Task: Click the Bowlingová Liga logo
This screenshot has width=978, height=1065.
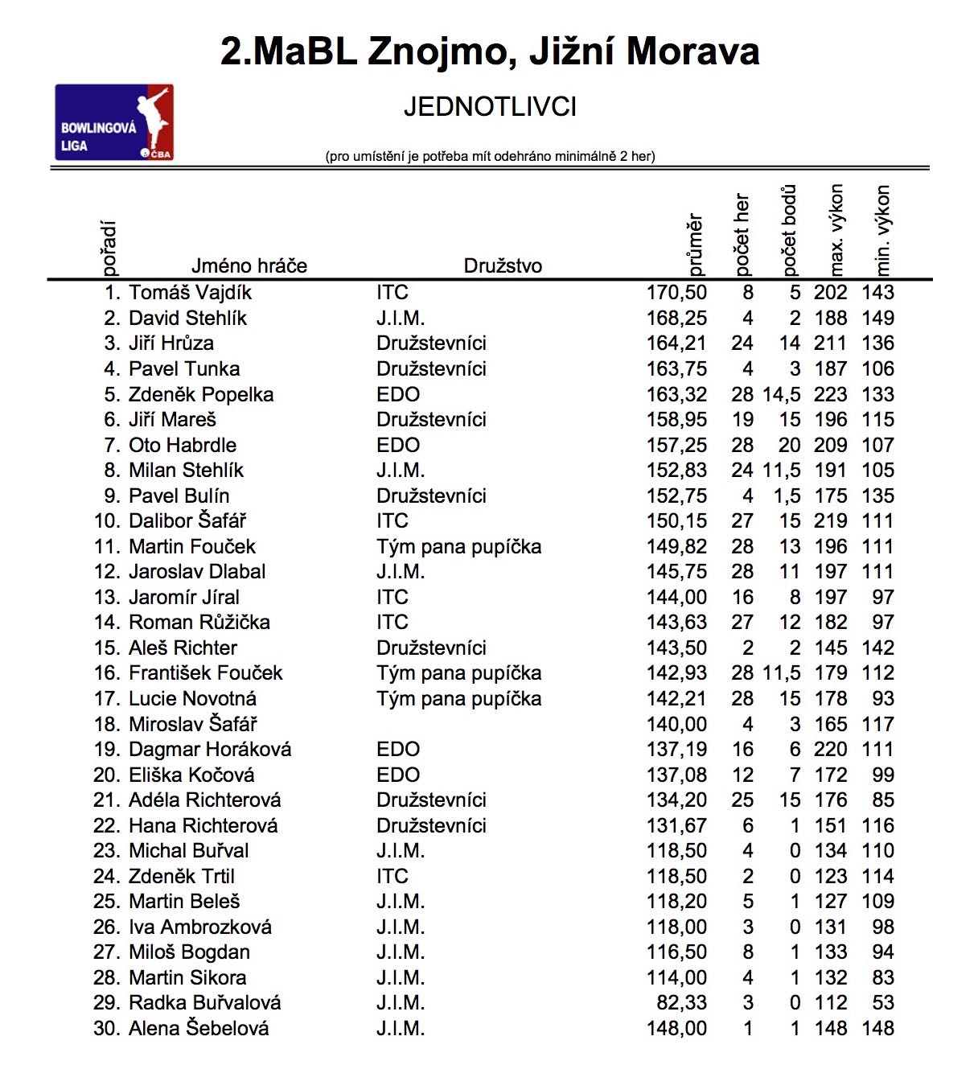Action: pyautogui.click(x=114, y=122)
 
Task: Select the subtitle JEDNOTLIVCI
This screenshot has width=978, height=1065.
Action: pyautogui.click(x=490, y=107)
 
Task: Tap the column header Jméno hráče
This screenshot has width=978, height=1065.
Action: pyautogui.click(x=249, y=266)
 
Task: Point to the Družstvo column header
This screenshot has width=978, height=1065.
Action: pyautogui.click(x=503, y=266)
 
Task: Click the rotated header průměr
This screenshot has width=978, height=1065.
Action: pyautogui.click(x=696, y=244)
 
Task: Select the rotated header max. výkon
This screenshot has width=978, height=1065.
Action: pyautogui.click(x=836, y=229)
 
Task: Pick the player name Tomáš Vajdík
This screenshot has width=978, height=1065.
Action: pyautogui.click(x=191, y=293)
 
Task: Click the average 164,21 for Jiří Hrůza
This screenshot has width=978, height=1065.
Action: pyautogui.click(x=676, y=343)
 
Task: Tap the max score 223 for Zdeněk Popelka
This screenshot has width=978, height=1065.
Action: pyautogui.click(x=830, y=394)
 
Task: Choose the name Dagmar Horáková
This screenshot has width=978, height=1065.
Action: pyautogui.click(x=210, y=750)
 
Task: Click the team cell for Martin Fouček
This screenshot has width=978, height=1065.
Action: pyautogui.click(x=458, y=547)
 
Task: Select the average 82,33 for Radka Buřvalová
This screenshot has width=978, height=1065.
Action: pyautogui.click(x=681, y=1003)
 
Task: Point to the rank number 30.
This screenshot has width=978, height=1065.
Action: pyautogui.click(x=106, y=1029)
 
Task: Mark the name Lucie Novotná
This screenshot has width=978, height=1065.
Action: pyautogui.click(x=193, y=699)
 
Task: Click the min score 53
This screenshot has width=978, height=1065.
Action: pyautogui.click(x=883, y=1003)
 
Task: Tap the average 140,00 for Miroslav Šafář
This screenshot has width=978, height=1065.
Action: pyautogui.click(x=676, y=725)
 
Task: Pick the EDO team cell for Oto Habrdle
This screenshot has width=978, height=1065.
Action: pyautogui.click(x=398, y=446)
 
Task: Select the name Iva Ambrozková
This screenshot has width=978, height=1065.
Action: pyautogui.click(x=200, y=927)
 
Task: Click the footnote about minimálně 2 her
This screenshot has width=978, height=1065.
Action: pyautogui.click(x=490, y=157)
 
